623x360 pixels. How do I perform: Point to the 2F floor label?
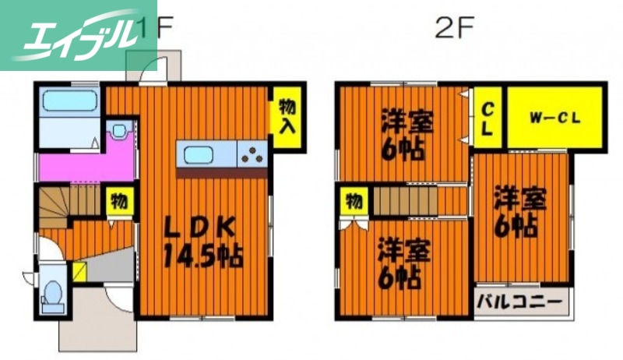tap(454, 29)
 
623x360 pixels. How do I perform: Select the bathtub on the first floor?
tap(69, 102)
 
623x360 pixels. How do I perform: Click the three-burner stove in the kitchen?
tap(252, 154)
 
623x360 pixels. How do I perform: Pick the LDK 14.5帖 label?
tap(202, 242)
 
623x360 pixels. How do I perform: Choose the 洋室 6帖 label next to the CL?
tap(407, 135)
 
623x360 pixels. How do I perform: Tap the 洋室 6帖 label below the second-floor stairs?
tap(403, 264)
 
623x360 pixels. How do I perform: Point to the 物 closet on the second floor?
tap(353, 202)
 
